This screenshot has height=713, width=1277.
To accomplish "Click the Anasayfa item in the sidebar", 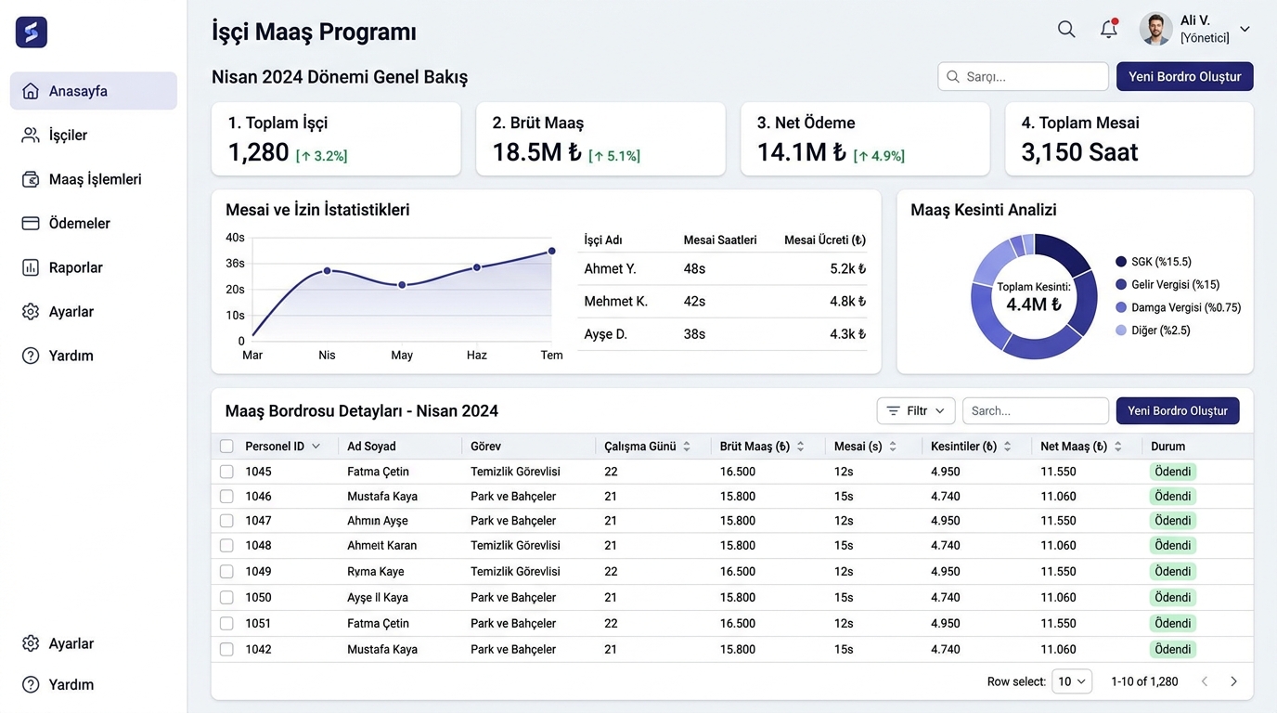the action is click(x=94, y=91).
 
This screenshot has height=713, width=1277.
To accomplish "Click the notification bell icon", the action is click(x=1109, y=29).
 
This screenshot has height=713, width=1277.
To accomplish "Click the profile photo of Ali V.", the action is click(x=1155, y=29).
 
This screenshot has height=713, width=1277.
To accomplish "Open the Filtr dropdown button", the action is click(x=916, y=410).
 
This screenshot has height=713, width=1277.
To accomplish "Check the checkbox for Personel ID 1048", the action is click(x=226, y=545).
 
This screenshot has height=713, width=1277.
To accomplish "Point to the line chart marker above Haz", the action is click(x=477, y=267).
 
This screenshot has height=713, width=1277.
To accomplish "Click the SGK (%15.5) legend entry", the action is click(x=1154, y=262).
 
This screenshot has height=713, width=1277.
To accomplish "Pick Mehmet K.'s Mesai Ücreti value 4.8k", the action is click(x=847, y=301).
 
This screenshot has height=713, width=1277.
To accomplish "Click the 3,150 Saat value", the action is click(x=1079, y=152).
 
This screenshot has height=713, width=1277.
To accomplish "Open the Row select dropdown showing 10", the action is click(x=1072, y=681).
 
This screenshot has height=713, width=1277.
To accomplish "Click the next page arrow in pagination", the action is click(x=1233, y=681).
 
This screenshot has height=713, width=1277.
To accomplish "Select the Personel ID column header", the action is click(x=275, y=446).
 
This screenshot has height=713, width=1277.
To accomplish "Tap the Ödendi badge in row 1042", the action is click(x=1173, y=649).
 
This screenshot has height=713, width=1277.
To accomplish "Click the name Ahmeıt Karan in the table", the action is click(x=382, y=545).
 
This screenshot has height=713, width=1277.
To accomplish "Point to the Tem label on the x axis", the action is click(x=551, y=355).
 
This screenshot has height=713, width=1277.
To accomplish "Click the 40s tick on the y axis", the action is click(x=235, y=238).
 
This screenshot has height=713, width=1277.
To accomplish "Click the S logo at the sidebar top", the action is click(x=32, y=32).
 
